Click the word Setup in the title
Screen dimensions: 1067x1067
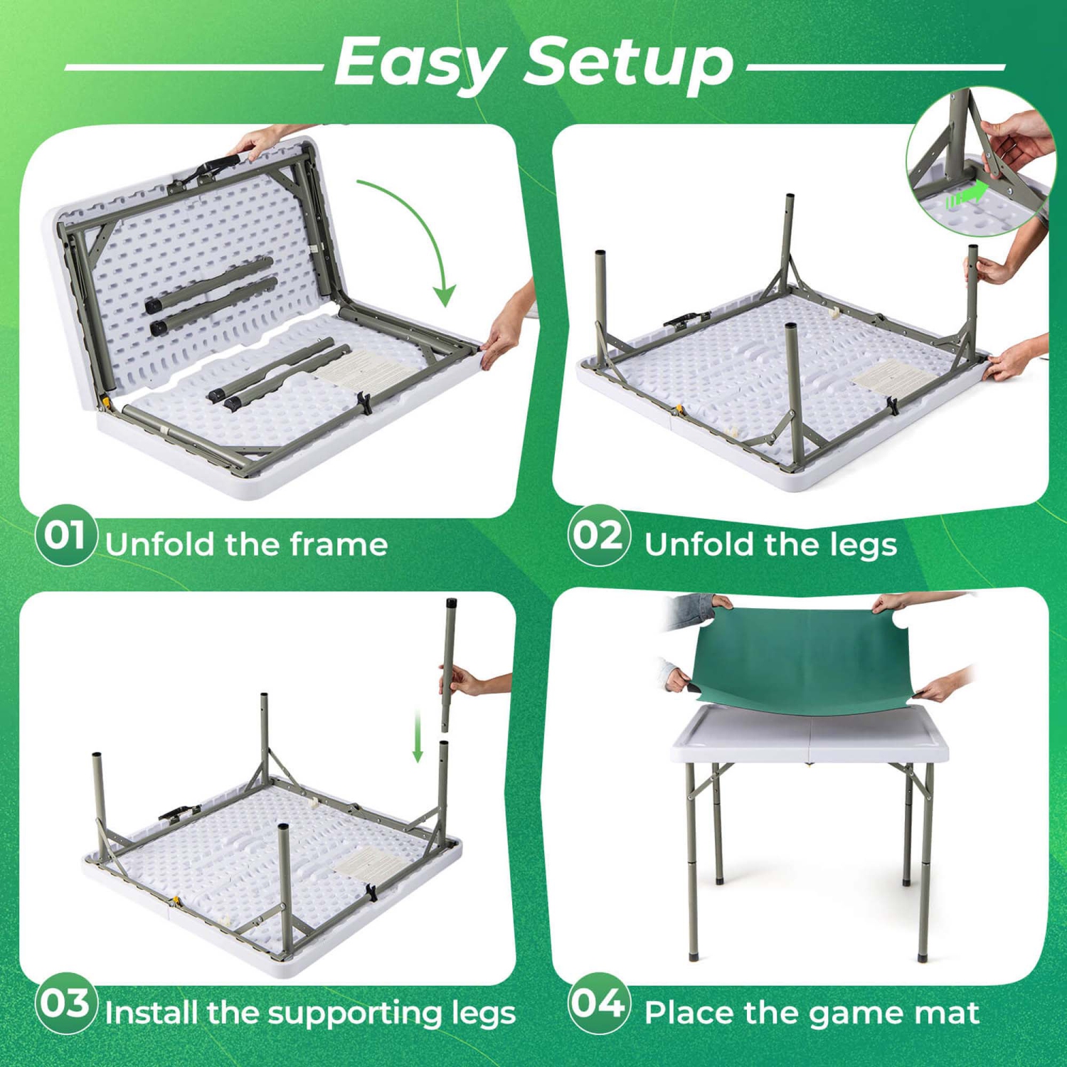pos(630,63)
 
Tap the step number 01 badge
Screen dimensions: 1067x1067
pos(65,535)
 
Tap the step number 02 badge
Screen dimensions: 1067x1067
pos(599,535)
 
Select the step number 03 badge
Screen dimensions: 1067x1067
pos(65,1003)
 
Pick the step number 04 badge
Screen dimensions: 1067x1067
pos(599,1003)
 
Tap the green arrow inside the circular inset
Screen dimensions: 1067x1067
pos(967,194)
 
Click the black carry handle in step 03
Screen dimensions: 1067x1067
pos(178,814)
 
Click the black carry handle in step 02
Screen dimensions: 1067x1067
pos(687,320)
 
